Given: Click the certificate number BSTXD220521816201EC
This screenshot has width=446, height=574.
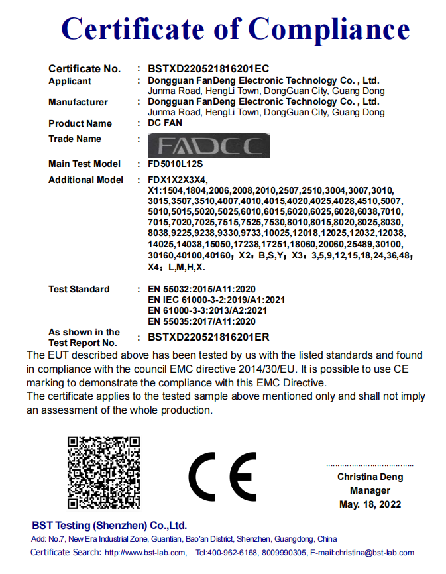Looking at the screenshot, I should (208, 68).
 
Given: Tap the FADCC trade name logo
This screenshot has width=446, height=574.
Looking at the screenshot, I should (209, 145).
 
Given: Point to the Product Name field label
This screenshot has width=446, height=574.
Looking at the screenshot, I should (80, 123).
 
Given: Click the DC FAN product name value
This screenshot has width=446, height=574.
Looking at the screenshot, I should (165, 123).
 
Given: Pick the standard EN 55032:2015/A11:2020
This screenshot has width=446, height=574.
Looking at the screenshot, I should (201, 289).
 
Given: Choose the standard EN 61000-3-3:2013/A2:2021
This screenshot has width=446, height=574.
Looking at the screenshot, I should (207, 310).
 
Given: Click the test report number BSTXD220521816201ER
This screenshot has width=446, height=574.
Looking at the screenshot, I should (209, 337).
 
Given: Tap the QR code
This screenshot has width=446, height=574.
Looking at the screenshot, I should (104, 472).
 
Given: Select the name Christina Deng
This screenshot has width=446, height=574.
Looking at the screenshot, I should (370, 477).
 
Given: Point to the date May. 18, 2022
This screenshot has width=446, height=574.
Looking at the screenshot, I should (370, 504).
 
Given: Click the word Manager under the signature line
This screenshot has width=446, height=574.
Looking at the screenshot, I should (370, 490).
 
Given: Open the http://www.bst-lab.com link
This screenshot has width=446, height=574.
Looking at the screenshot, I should (144, 553).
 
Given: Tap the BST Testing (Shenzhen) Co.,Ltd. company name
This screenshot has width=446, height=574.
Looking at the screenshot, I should (109, 525).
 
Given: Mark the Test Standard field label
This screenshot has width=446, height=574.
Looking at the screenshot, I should (79, 289).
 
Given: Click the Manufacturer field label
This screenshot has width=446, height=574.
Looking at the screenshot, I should (78, 102).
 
